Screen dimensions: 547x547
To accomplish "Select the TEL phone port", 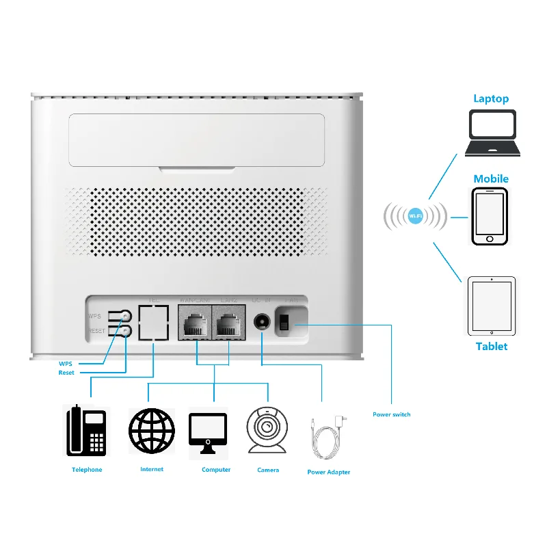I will pyautogui.click(x=154, y=321).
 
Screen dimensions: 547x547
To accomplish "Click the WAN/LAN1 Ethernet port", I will pyautogui.click(x=196, y=321).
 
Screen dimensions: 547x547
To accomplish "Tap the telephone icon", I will pyautogui.click(x=87, y=430).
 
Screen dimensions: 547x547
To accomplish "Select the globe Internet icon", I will pyautogui.click(x=152, y=430).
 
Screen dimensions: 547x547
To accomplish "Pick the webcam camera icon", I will pyautogui.click(x=267, y=429).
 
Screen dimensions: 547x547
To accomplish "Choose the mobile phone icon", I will pyautogui.click(x=490, y=215).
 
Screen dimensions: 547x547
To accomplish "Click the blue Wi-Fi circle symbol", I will pyautogui.click(x=415, y=217).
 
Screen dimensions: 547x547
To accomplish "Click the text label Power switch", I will pyautogui.click(x=391, y=415).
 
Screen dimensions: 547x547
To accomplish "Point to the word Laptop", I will pyautogui.click(x=491, y=98).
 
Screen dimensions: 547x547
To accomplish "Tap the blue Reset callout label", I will pyautogui.click(x=66, y=373).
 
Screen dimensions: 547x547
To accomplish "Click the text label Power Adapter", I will pyautogui.click(x=328, y=472).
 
